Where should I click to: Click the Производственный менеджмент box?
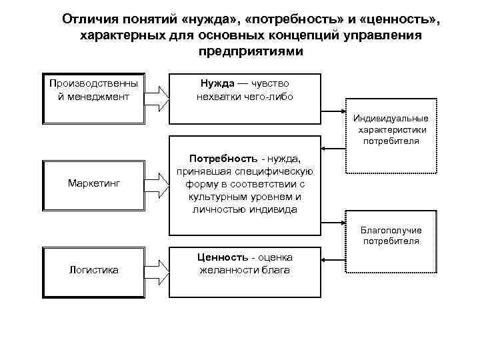93,97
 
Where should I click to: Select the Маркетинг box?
93,183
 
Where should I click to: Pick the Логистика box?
93,270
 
